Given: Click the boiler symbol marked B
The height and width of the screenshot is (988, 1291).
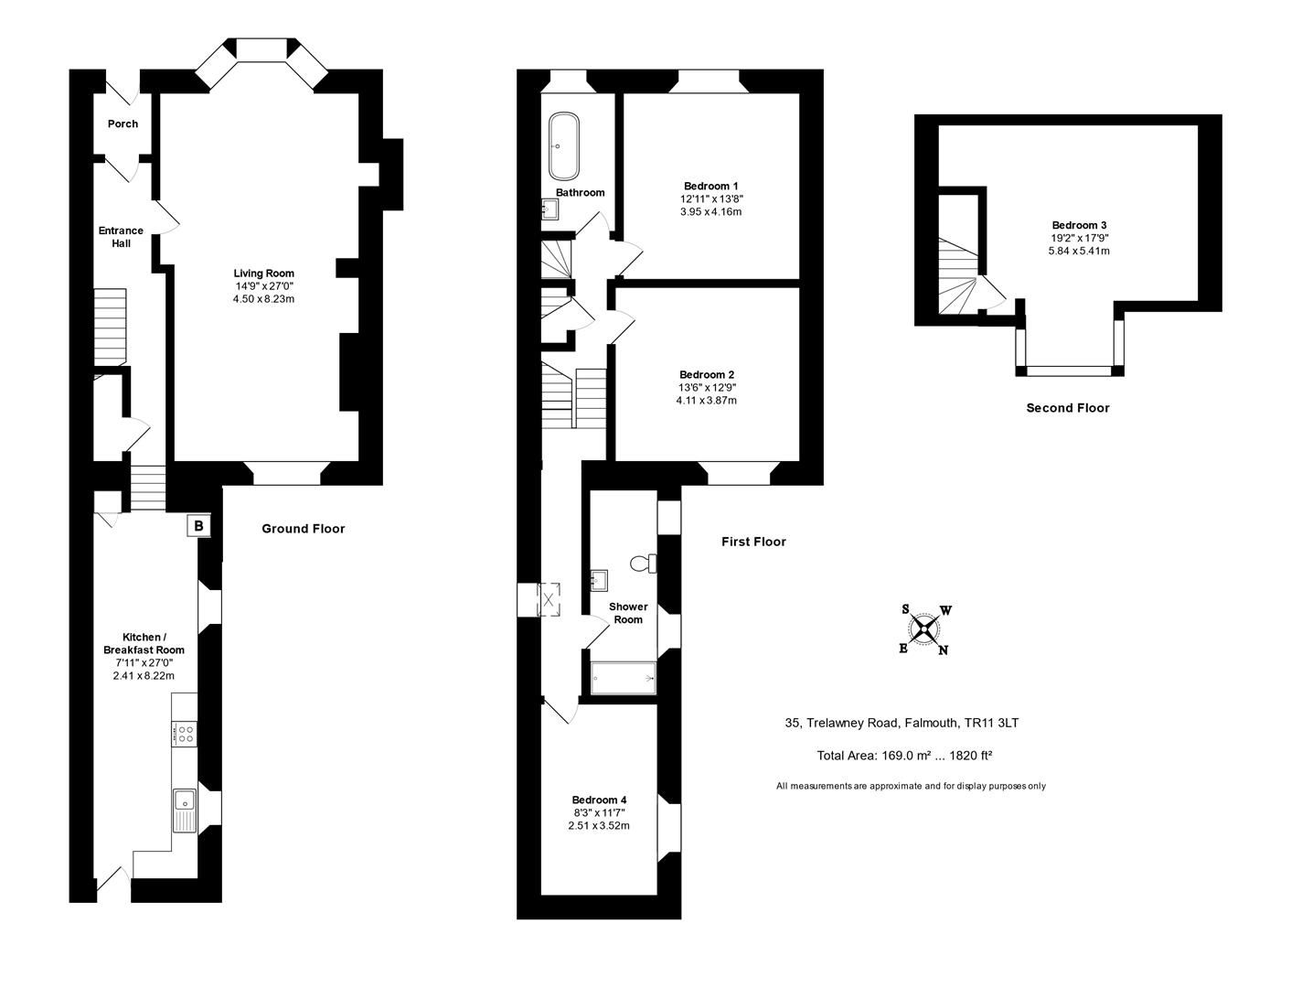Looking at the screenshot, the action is [198, 525].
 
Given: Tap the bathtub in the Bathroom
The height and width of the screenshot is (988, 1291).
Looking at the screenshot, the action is [563, 146].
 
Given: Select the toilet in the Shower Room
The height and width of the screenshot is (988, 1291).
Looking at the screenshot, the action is [643, 564].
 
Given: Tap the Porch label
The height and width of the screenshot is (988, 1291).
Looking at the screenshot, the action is [123, 123].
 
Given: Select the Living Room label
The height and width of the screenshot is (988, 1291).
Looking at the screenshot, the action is [263, 273].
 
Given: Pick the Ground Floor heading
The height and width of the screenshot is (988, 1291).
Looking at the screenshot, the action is [303, 529].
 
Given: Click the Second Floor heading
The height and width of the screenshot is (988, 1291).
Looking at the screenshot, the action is [1068, 408].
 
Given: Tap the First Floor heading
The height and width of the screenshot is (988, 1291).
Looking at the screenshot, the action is [753, 542].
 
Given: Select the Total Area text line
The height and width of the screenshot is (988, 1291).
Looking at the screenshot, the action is [904, 755].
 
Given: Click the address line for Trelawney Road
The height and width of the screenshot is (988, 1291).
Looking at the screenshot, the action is [902, 723].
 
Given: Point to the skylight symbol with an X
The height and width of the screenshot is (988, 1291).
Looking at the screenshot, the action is [549, 599].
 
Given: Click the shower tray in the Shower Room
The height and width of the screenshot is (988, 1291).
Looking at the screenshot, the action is [623, 678].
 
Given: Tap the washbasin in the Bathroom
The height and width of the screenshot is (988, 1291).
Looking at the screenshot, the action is [549, 209].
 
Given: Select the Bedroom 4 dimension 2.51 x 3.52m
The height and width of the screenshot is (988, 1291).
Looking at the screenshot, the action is [599, 825].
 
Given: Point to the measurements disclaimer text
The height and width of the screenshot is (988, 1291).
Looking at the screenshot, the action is [911, 786].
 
